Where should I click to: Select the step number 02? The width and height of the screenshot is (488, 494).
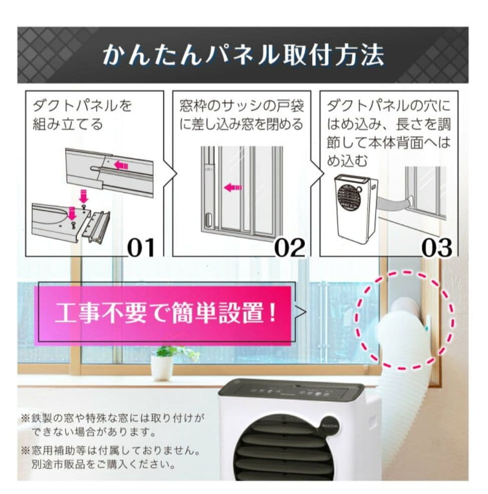(x=290, y=247)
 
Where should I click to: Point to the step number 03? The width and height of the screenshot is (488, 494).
(x=436, y=247)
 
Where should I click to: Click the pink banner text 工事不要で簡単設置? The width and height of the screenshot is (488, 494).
(x=165, y=314)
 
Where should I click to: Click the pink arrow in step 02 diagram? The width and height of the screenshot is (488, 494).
(x=232, y=188)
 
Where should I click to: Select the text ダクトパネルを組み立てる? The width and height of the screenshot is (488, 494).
(x=83, y=115)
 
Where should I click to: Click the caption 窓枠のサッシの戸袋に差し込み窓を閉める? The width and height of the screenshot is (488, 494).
(x=241, y=115)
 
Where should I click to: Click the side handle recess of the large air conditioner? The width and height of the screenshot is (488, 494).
(x=373, y=419)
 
